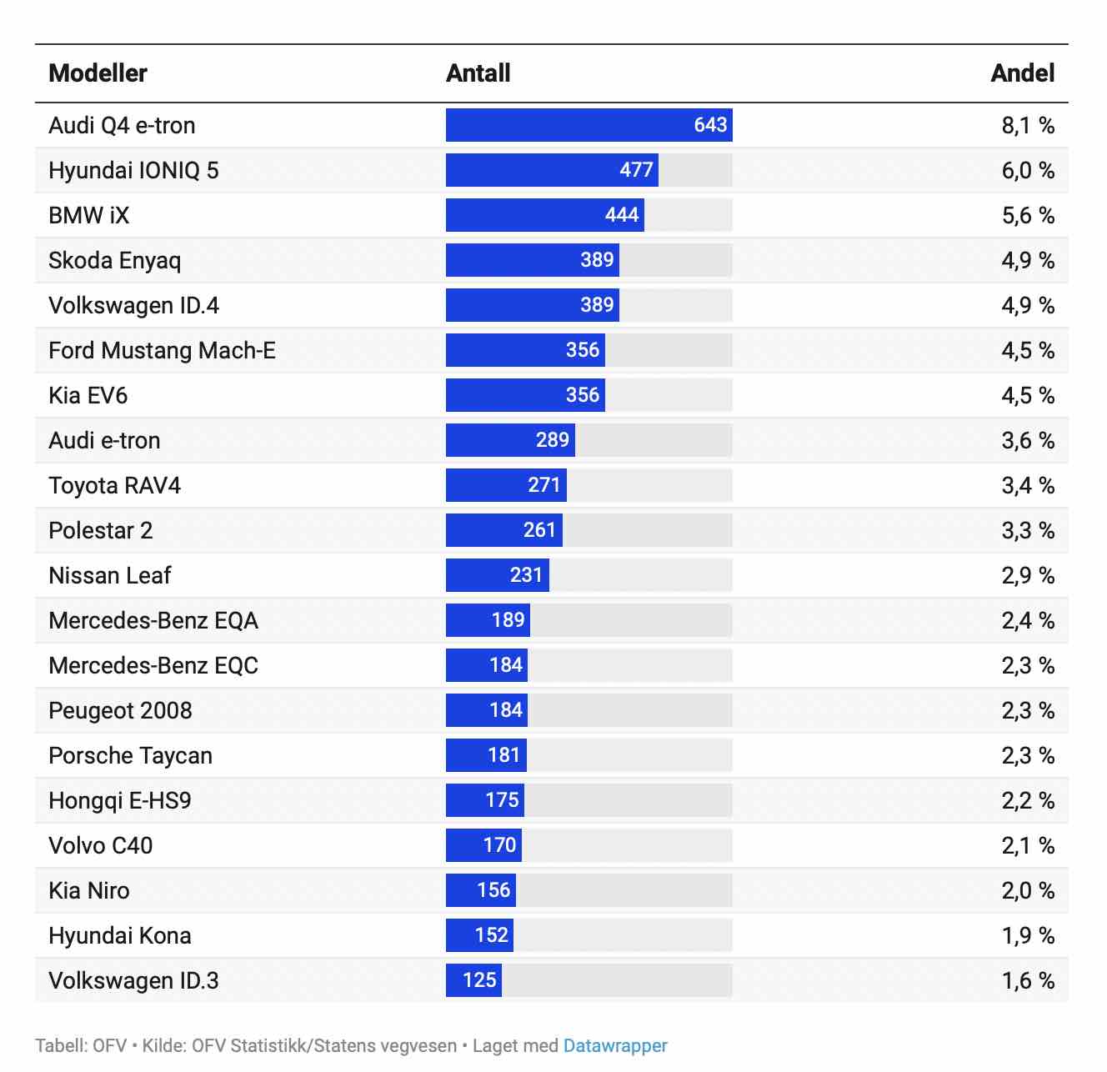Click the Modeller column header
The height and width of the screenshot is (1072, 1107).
(x=98, y=73)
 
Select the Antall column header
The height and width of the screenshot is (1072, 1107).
(x=478, y=73)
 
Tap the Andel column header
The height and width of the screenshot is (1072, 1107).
(x=1022, y=73)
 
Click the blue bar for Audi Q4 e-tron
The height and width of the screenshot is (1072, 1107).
(x=589, y=125)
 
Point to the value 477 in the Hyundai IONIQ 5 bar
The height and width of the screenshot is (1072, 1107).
(x=636, y=170)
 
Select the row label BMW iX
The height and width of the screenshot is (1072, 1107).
(x=89, y=215)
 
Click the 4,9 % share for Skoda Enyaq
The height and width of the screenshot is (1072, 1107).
(x=1027, y=260)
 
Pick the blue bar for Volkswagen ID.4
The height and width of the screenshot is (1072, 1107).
(x=532, y=305)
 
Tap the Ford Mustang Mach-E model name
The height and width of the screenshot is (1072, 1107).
(x=162, y=350)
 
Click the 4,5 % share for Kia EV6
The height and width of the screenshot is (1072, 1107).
(x=1027, y=395)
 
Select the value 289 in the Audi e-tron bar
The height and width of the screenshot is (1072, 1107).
(x=552, y=440)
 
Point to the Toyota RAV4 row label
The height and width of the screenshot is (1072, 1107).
(x=114, y=485)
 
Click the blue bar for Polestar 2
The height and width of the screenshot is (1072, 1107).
(x=503, y=530)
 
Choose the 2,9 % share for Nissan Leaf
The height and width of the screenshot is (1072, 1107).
(x=1027, y=575)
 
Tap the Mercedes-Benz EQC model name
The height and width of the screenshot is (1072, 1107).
(x=153, y=665)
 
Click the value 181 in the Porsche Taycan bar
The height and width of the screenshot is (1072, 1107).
(x=503, y=755)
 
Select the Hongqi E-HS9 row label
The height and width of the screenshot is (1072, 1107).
(x=120, y=800)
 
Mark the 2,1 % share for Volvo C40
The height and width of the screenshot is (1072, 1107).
(x=1027, y=845)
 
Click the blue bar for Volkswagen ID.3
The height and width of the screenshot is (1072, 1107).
(x=473, y=980)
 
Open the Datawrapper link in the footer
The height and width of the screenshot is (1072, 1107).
(x=615, y=1045)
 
